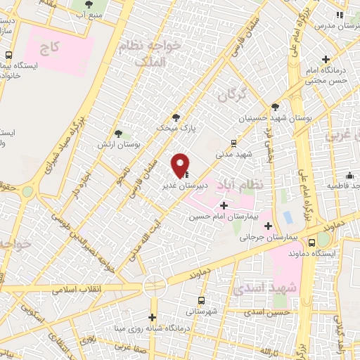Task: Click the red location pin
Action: tap(181, 165)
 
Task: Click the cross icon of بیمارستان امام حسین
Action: tap(224, 205)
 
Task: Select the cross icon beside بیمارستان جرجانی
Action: tap(268, 226)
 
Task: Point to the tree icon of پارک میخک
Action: tap(176, 118)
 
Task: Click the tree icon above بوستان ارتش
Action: tap(118, 132)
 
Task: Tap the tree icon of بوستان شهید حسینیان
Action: tap(275, 108)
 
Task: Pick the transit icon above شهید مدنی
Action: tap(234, 143)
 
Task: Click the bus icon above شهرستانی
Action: tap(202, 300)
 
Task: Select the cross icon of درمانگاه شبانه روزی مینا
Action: tap(153, 317)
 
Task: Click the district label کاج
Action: tap(49, 49)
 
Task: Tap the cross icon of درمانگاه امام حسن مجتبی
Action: tap(326, 60)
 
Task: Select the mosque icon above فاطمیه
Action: tap(349, 175)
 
